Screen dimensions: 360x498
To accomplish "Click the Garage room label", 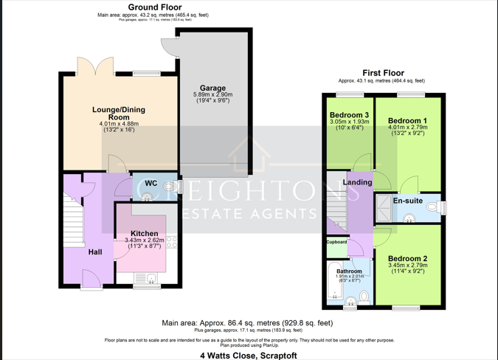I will tap(212, 88).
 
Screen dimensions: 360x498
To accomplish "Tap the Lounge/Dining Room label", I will tap(118, 114).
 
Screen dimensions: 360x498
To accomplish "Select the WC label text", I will tap(151, 184).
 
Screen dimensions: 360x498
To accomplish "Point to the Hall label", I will tap(96, 252).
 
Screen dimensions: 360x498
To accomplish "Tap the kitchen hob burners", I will tap(171, 241).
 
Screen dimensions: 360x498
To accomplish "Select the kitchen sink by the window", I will tap(151, 277).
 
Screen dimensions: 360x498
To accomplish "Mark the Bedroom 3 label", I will tap(349, 116).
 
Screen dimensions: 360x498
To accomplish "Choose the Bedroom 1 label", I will tap(407, 120).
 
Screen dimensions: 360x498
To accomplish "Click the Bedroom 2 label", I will tap(407, 259).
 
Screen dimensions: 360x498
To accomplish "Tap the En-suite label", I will tap(408, 201).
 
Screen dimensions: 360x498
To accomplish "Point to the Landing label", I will tap(358, 182).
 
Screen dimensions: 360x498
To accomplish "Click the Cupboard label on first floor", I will tap(336, 242).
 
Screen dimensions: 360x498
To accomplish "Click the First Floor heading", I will tap(383, 73).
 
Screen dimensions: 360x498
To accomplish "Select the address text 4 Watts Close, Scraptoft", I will tap(249, 355).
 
